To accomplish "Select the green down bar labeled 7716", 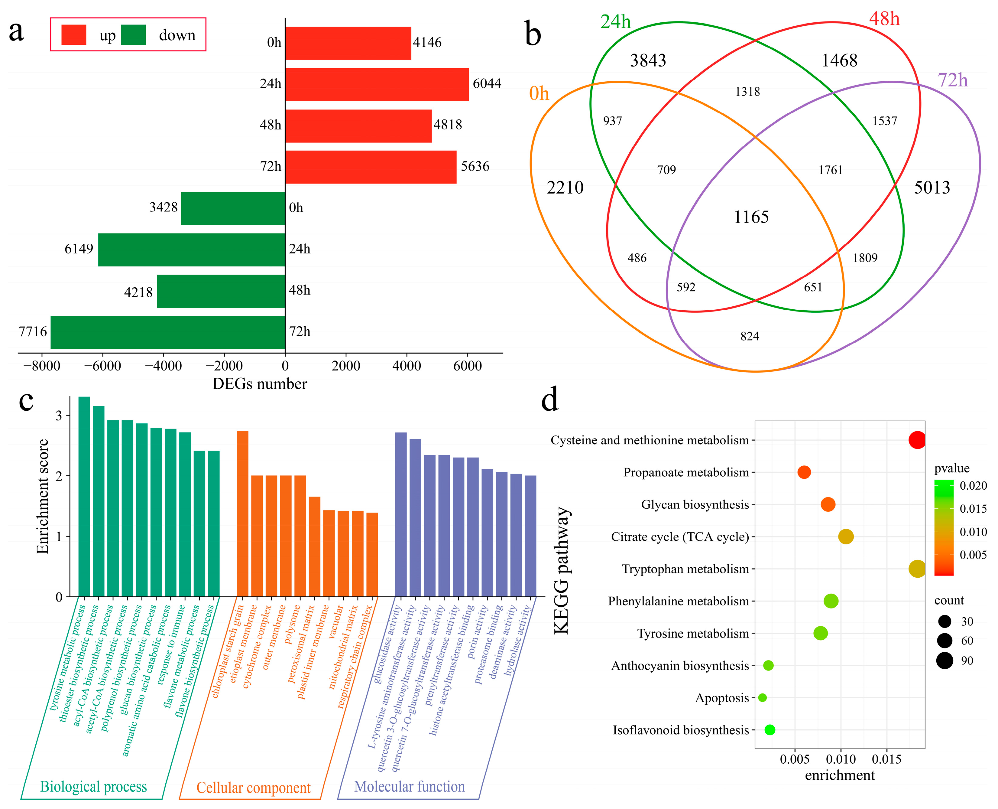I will pos(168,332).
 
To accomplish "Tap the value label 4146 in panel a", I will pos(427,42).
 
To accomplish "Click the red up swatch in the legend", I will pos(73,35).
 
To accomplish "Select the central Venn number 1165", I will pos(751,217).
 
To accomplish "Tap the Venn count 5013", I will pos(932,187).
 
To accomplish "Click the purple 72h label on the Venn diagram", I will pos(952,81).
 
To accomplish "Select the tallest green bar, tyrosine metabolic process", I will pos(84,496).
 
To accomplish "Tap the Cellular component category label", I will pos(253,788).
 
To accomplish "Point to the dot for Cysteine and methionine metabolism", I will pos(916,440).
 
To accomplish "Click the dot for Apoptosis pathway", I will pos(762,698).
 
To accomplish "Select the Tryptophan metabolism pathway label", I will pos(685,569).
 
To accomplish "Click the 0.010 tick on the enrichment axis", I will pos(840,760).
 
